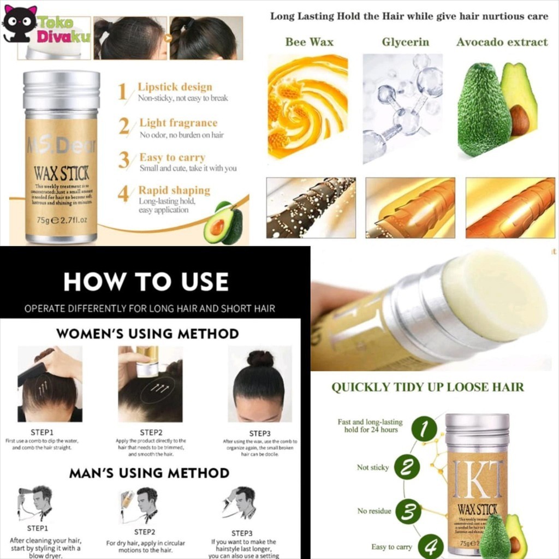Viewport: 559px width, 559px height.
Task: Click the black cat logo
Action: [20, 23]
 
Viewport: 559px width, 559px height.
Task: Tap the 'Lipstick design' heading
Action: [175, 87]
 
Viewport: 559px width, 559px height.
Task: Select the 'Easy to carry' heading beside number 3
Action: [172, 158]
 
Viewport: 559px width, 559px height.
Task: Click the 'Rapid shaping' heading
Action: [174, 191]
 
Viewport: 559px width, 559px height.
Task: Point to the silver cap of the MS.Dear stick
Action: [61, 90]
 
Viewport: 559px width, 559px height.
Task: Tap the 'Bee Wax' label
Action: [309, 42]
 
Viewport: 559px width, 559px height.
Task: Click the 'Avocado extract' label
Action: [502, 42]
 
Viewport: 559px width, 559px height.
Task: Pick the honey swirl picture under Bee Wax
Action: [308, 107]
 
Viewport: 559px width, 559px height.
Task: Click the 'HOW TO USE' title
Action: [146, 282]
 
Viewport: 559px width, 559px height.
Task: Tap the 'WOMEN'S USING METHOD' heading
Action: [147, 334]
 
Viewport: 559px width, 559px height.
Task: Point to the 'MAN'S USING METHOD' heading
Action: [149, 473]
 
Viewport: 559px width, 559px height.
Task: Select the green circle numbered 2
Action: [407, 467]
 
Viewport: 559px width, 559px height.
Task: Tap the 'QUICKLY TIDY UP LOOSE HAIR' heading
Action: [427, 388]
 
